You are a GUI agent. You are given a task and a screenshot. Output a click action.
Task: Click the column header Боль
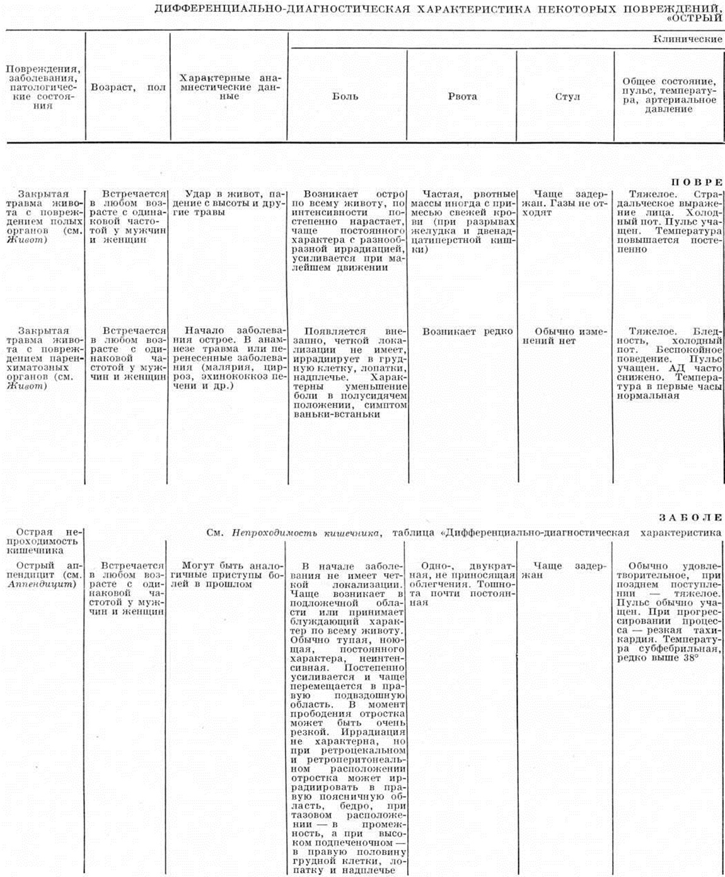click(x=345, y=96)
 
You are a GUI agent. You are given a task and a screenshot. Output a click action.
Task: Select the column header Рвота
click(x=462, y=96)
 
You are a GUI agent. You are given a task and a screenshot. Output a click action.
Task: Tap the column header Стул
click(x=567, y=96)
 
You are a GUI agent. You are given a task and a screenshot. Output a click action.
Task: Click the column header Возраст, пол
click(x=128, y=88)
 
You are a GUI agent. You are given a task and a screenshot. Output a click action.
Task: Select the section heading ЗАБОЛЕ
click(x=690, y=518)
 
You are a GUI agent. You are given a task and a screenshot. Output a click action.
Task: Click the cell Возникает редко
click(x=467, y=331)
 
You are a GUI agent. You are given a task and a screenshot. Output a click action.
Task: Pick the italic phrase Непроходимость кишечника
click(x=306, y=533)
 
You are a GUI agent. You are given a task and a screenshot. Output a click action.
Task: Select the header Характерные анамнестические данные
click(x=229, y=87)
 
